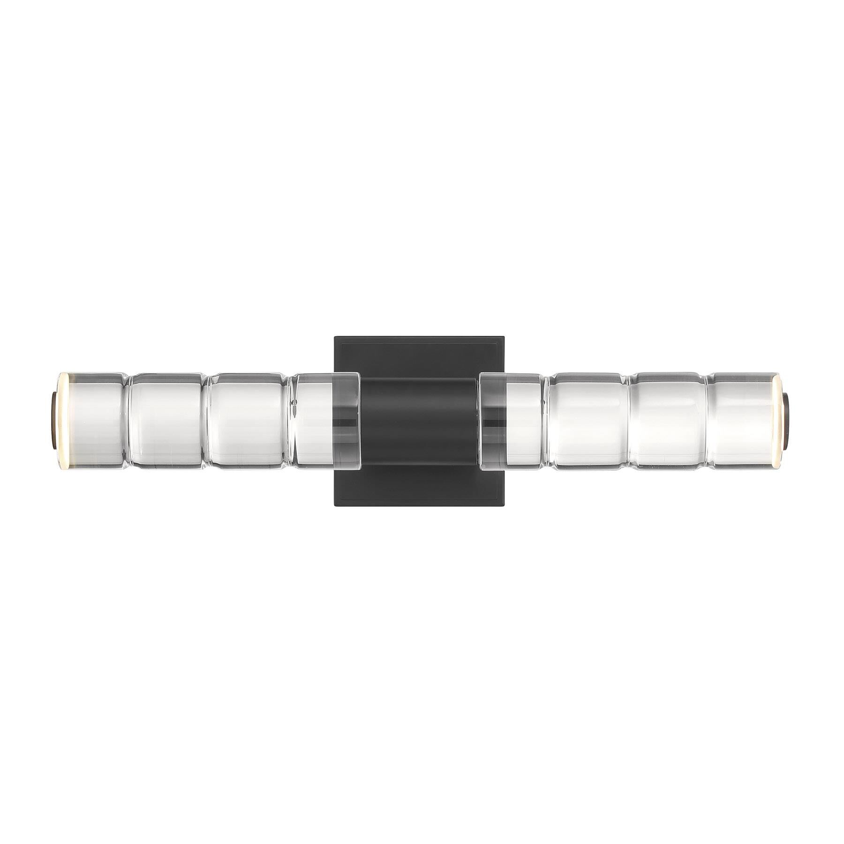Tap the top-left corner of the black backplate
pyautogui.click(x=335, y=337)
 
